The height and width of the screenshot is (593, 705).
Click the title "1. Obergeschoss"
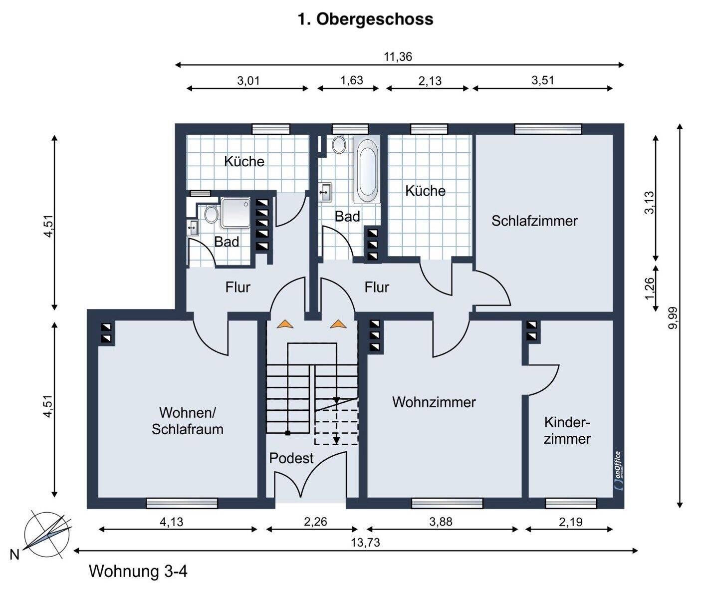click(x=365, y=19)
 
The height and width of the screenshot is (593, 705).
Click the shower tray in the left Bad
click(x=237, y=212)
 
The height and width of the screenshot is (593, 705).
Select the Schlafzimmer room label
click(x=534, y=221)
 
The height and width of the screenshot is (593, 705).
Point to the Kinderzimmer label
click(x=567, y=431)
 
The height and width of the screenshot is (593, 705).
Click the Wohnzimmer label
click(x=434, y=402)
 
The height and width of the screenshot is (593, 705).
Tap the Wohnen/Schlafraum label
click(x=187, y=421)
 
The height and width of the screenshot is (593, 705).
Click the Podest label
click(x=291, y=458)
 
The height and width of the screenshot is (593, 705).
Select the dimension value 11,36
click(x=398, y=56)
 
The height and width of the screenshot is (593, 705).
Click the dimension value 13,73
click(x=366, y=542)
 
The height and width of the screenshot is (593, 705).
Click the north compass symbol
click(x=47, y=534)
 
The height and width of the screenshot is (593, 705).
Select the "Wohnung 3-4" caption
click(x=138, y=571)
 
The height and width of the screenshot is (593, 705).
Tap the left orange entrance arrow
click(x=286, y=324)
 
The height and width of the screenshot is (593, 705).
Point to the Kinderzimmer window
click(x=571, y=503)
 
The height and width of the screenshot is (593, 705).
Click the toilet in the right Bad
click(x=340, y=144)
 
